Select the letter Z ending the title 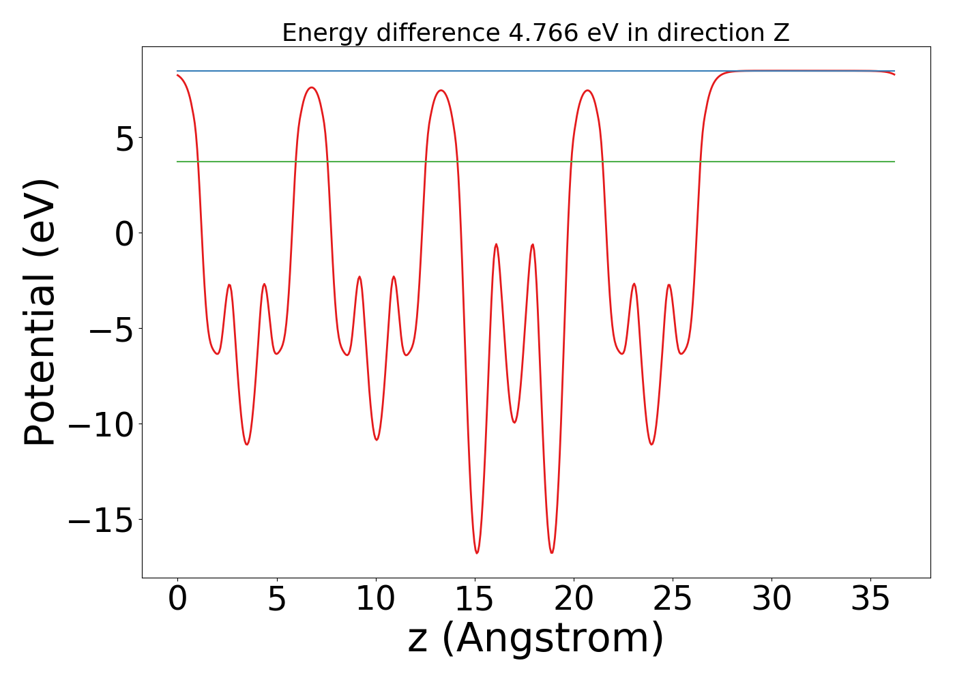[782, 33]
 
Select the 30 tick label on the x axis [772, 600]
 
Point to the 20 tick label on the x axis [574, 600]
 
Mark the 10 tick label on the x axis [375, 600]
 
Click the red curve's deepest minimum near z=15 [477, 552]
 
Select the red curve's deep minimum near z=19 [552, 552]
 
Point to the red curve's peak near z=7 [312, 87]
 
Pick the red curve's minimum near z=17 [514, 422]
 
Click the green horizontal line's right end [894, 162]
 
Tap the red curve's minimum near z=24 [652, 445]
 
